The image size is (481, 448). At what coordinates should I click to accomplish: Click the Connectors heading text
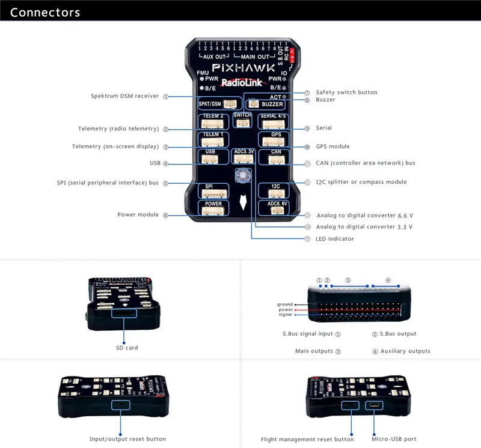point(45,12)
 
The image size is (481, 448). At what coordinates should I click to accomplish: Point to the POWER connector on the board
point(213,210)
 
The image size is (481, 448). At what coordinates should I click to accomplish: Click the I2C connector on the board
point(274,192)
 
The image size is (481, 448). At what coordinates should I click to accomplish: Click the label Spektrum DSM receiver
point(124,96)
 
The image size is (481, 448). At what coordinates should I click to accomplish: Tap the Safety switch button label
point(346,92)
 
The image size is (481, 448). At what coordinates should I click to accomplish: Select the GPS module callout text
point(332,147)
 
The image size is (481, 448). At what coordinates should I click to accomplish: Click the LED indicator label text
point(335,239)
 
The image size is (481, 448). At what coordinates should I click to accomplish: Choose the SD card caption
point(127,348)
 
